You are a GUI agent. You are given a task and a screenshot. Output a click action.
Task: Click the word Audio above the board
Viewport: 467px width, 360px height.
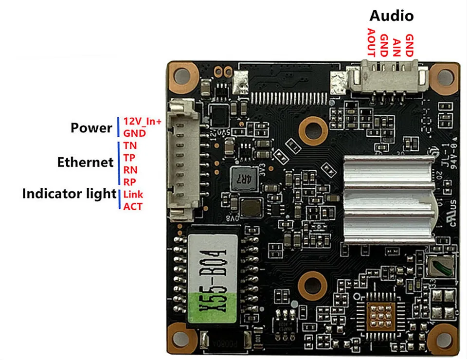tap(391, 16)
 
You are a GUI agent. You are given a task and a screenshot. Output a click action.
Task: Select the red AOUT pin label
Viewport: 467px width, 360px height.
tap(371, 42)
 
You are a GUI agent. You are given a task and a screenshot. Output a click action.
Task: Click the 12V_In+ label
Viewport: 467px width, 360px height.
tap(142, 121)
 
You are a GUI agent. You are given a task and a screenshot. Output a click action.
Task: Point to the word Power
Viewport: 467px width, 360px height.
tap(91, 128)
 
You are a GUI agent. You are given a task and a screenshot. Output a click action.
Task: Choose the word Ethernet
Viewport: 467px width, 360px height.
tap(85, 162)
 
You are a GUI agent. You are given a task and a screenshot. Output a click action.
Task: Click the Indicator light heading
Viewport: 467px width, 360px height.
tap(69, 194)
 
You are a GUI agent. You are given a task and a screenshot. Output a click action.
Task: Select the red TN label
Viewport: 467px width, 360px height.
tap(130, 145)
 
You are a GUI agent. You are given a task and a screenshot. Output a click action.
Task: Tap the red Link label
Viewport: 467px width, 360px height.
tap(133, 195)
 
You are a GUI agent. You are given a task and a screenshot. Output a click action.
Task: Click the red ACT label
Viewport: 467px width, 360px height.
tap(133, 207)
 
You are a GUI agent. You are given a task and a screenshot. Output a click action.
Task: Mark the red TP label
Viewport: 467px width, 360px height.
tap(129, 158)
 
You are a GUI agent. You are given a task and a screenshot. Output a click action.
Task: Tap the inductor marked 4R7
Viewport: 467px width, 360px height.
tap(241, 178)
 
